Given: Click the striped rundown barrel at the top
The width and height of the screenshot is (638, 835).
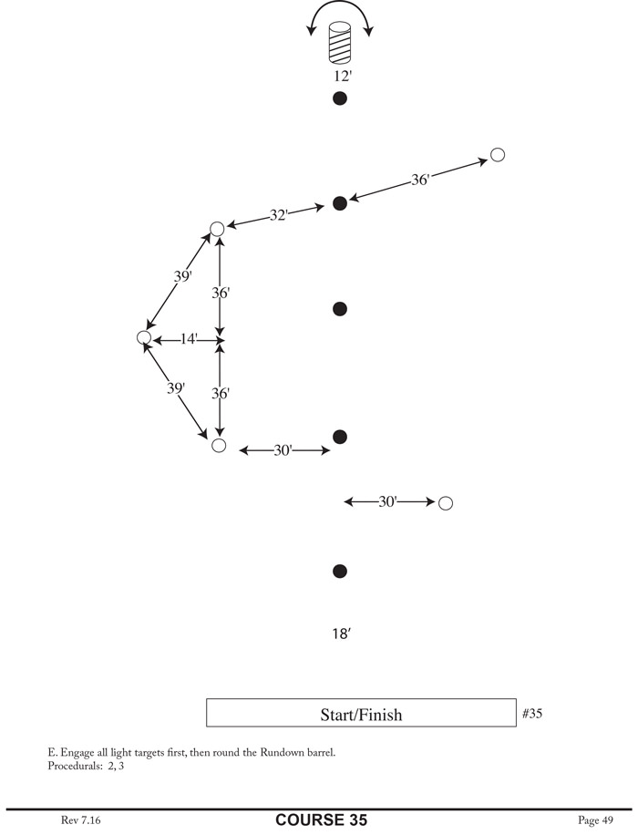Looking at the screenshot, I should [340, 44].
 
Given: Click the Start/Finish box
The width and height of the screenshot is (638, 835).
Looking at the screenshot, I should [361, 714].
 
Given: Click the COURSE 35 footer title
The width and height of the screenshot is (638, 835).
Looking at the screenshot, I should [322, 820].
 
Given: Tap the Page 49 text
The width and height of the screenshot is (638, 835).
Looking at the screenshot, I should [596, 820].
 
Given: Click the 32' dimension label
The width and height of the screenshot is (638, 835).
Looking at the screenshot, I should [279, 216].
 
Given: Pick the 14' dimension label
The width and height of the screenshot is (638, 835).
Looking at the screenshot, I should [189, 339].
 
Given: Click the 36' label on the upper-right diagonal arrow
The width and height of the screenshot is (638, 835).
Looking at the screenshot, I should [420, 180].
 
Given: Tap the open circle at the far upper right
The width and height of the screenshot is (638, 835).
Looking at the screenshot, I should [498, 155].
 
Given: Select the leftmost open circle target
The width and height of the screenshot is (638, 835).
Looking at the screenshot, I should [143, 338].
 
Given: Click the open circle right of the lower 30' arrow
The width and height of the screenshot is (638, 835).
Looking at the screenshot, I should [446, 503].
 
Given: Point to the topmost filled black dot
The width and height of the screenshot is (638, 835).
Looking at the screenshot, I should [340, 98].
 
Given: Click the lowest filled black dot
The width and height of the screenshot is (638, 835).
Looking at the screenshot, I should [340, 572].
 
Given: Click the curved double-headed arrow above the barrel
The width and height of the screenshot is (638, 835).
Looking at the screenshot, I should [340, 13].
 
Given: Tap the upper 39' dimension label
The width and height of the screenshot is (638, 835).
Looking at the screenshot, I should [182, 276].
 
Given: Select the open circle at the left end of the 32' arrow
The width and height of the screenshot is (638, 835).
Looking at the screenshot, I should [217, 229].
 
